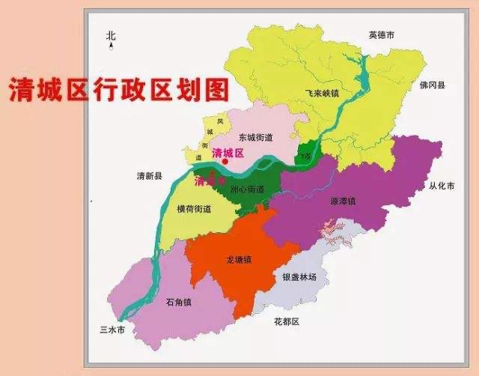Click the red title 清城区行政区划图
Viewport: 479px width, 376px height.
click(118, 90)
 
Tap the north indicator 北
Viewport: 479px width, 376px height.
click(112, 35)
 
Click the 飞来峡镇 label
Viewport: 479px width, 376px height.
click(322, 94)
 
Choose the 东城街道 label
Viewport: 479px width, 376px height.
click(256, 137)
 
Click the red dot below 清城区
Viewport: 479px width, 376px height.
click(224, 162)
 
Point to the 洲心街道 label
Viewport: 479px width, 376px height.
click(246, 189)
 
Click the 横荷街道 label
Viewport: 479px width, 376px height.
click(192, 209)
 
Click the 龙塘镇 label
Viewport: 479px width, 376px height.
click(239, 259)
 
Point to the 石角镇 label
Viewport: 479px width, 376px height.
click(179, 302)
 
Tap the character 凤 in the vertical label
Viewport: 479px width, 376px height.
click(210, 121)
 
